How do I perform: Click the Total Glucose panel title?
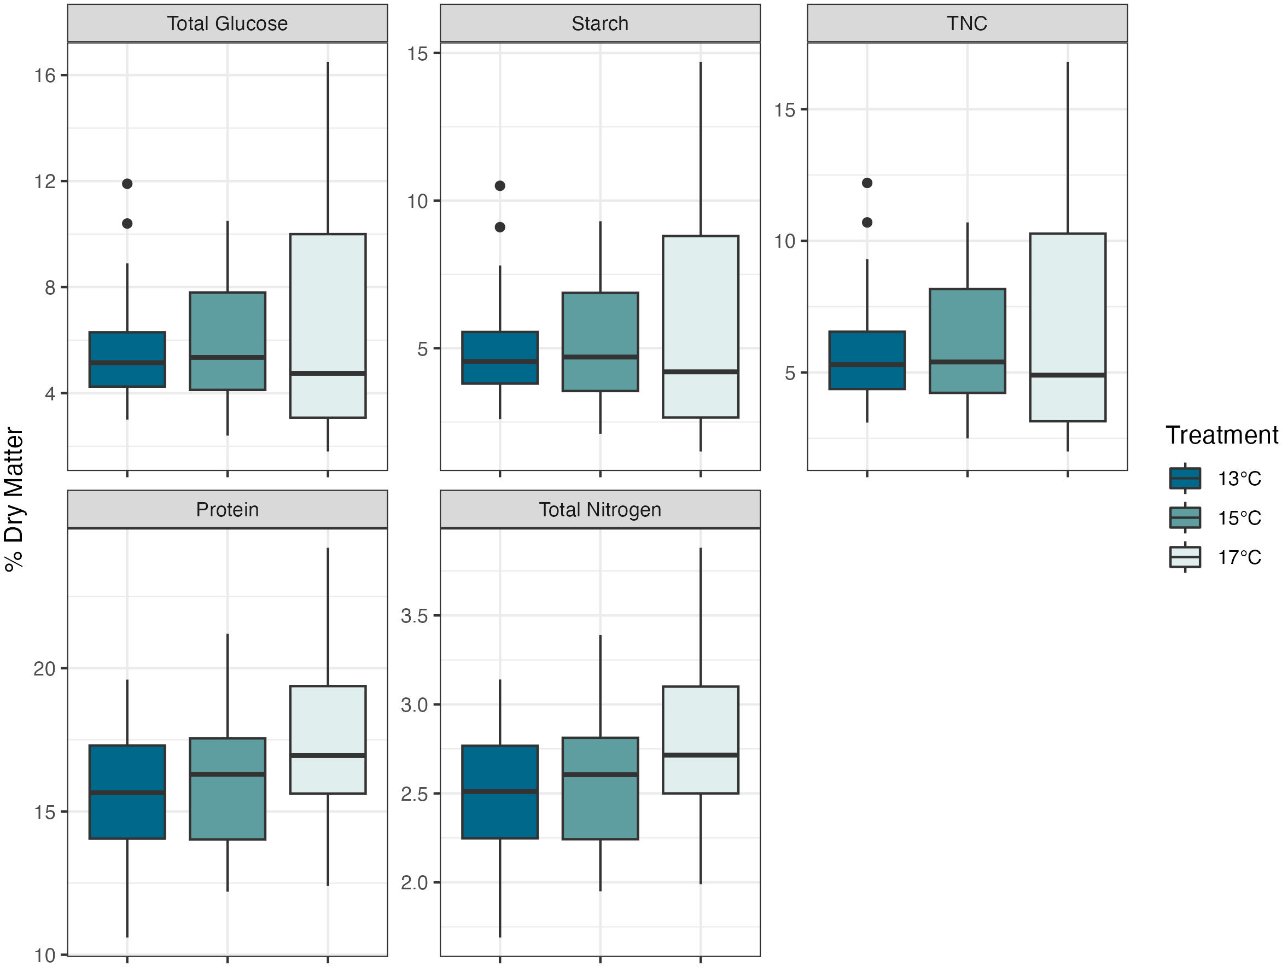click(x=227, y=24)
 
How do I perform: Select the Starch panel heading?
click(x=600, y=24)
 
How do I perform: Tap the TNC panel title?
click(x=967, y=24)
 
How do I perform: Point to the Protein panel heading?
click(x=227, y=510)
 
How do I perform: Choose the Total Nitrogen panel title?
click(x=600, y=510)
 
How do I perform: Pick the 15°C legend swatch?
click(x=1185, y=518)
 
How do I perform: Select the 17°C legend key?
click(x=1185, y=557)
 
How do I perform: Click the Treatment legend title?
click(x=1221, y=435)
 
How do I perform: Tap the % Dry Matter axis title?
click(x=14, y=500)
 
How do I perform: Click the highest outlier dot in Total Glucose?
click(x=127, y=184)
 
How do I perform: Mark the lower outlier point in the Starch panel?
click(x=500, y=228)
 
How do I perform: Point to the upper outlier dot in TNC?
click(x=867, y=183)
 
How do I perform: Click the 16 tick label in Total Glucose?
click(x=45, y=75)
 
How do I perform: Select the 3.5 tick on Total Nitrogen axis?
click(x=415, y=616)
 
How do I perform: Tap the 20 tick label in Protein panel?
click(x=45, y=669)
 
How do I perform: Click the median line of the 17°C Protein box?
click(x=328, y=755)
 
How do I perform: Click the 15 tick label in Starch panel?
click(x=417, y=54)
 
